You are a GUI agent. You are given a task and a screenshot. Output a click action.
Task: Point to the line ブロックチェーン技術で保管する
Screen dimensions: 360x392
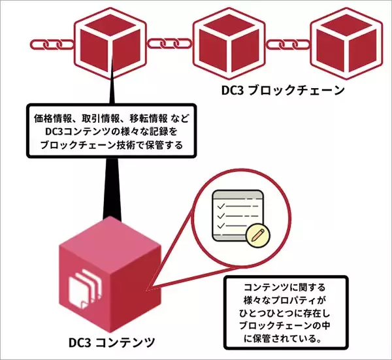[x=108, y=144]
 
